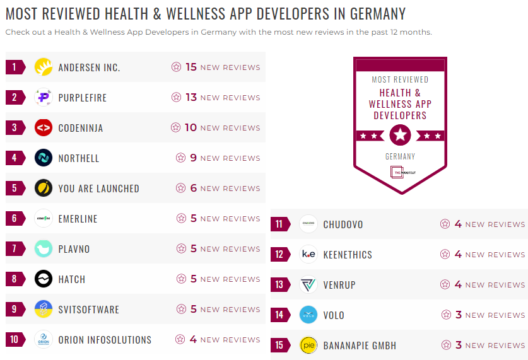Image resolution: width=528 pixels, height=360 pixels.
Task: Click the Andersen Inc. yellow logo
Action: (x=44, y=67)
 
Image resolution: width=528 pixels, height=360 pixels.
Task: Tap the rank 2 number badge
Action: (x=15, y=97)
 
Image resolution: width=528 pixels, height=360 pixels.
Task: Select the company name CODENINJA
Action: (x=80, y=128)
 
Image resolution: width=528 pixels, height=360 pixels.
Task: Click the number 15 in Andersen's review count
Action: (x=191, y=67)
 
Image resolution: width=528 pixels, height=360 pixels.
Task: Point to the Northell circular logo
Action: (x=44, y=158)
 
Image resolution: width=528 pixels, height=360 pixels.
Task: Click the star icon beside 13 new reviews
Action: (x=177, y=97)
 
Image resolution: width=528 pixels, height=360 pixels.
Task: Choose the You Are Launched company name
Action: (x=98, y=189)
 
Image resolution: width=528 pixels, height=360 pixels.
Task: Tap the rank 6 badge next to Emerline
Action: (x=15, y=218)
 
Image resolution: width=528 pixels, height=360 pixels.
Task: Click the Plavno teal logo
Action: (x=44, y=248)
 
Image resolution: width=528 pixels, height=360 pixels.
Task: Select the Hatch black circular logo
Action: (x=44, y=279)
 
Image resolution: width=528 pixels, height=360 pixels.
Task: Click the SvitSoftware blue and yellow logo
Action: (x=44, y=309)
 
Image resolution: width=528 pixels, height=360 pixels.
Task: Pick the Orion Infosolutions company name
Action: (x=105, y=340)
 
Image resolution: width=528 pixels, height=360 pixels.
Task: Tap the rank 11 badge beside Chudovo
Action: (x=279, y=224)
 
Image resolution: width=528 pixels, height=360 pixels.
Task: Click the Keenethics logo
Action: (x=308, y=254)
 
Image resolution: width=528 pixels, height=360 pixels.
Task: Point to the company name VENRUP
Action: (x=339, y=285)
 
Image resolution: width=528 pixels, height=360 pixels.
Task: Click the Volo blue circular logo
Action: (x=308, y=315)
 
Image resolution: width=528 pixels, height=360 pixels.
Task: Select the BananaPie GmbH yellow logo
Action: (x=308, y=345)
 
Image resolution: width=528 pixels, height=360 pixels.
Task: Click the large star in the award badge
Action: (x=400, y=135)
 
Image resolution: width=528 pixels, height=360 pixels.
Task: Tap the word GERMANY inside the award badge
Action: (x=400, y=156)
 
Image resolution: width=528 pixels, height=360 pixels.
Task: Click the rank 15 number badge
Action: (x=279, y=345)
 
